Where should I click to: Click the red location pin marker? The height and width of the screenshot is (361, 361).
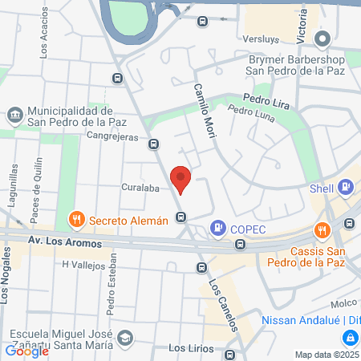click(x=180, y=179)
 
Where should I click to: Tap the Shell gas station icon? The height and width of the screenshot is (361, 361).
click(x=345, y=188)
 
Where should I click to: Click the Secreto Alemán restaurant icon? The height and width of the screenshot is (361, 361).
click(x=77, y=220)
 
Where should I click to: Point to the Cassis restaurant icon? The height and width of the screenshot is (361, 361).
click(x=322, y=230)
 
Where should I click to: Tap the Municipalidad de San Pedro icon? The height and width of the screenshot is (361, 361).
click(x=15, y=116)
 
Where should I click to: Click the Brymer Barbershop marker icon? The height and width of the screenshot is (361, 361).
click(x=322, y=39)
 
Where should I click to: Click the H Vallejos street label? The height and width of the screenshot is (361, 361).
click(x=83, y=264)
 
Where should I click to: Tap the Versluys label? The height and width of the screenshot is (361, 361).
click(x=259, y=38)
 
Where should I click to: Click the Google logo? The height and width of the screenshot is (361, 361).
click(x=26, y=351)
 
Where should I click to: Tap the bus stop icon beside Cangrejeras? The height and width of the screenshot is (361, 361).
click(x=154, y=144)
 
